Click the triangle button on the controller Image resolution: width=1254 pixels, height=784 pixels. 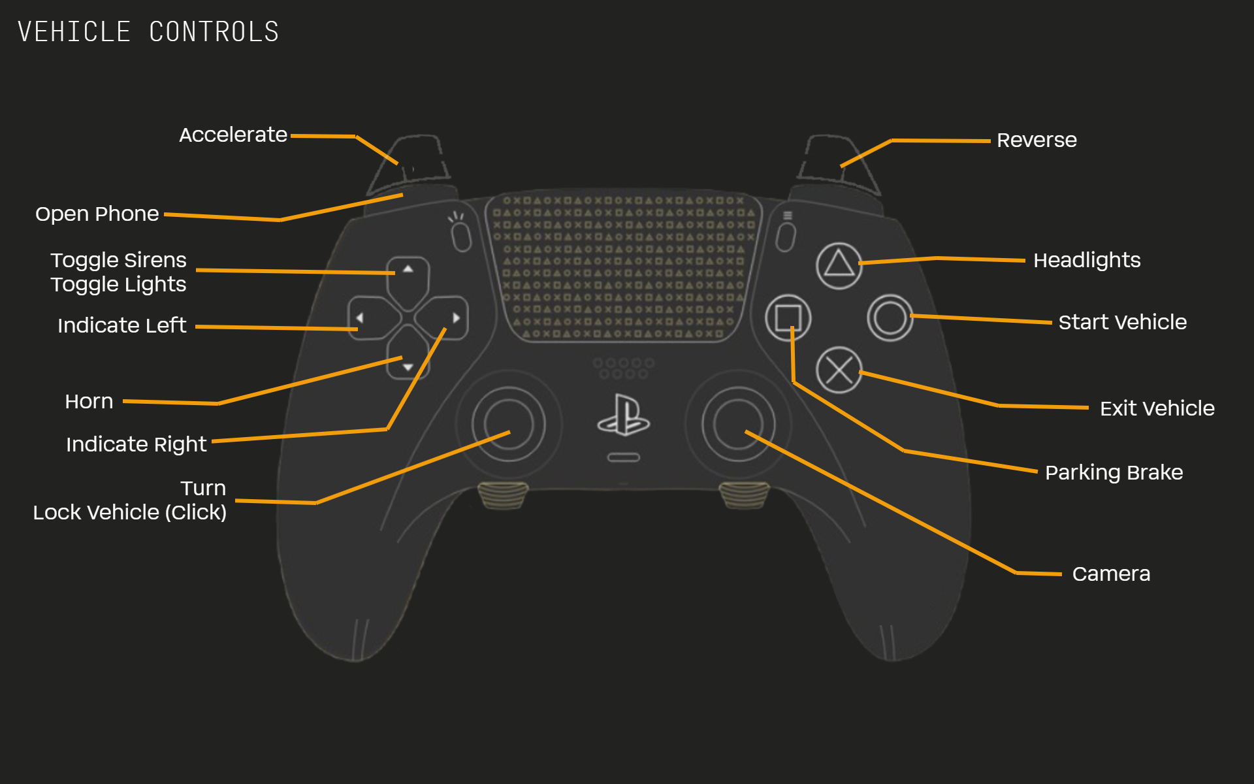[839, 265]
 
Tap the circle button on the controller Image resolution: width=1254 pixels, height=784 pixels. [890, 318]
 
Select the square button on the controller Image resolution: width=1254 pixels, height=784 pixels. [788, 318]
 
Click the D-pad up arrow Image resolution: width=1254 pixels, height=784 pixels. [408, 269]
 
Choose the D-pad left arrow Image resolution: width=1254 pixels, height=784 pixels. [360, 318]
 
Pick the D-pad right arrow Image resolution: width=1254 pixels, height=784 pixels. [456, 318]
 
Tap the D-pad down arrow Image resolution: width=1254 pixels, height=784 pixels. [408, 367]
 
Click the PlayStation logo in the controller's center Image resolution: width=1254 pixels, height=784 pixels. [623, 416]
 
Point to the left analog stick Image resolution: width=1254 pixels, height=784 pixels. [508, 424]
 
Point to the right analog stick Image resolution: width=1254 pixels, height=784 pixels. [738, 424]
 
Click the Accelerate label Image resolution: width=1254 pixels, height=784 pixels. [233, 135]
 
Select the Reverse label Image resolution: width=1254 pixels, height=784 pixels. [1037, 140]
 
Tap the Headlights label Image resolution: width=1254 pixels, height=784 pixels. [1087, 260]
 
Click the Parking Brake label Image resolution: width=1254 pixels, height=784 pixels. [1114, 472]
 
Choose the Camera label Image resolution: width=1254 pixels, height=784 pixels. [1111, 574]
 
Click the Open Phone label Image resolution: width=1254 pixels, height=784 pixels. [97, 214]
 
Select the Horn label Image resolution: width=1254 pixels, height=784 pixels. [89, 401]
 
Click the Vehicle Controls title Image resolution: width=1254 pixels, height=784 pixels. [148, 32]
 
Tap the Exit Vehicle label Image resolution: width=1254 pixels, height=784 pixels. [1157, 408]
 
